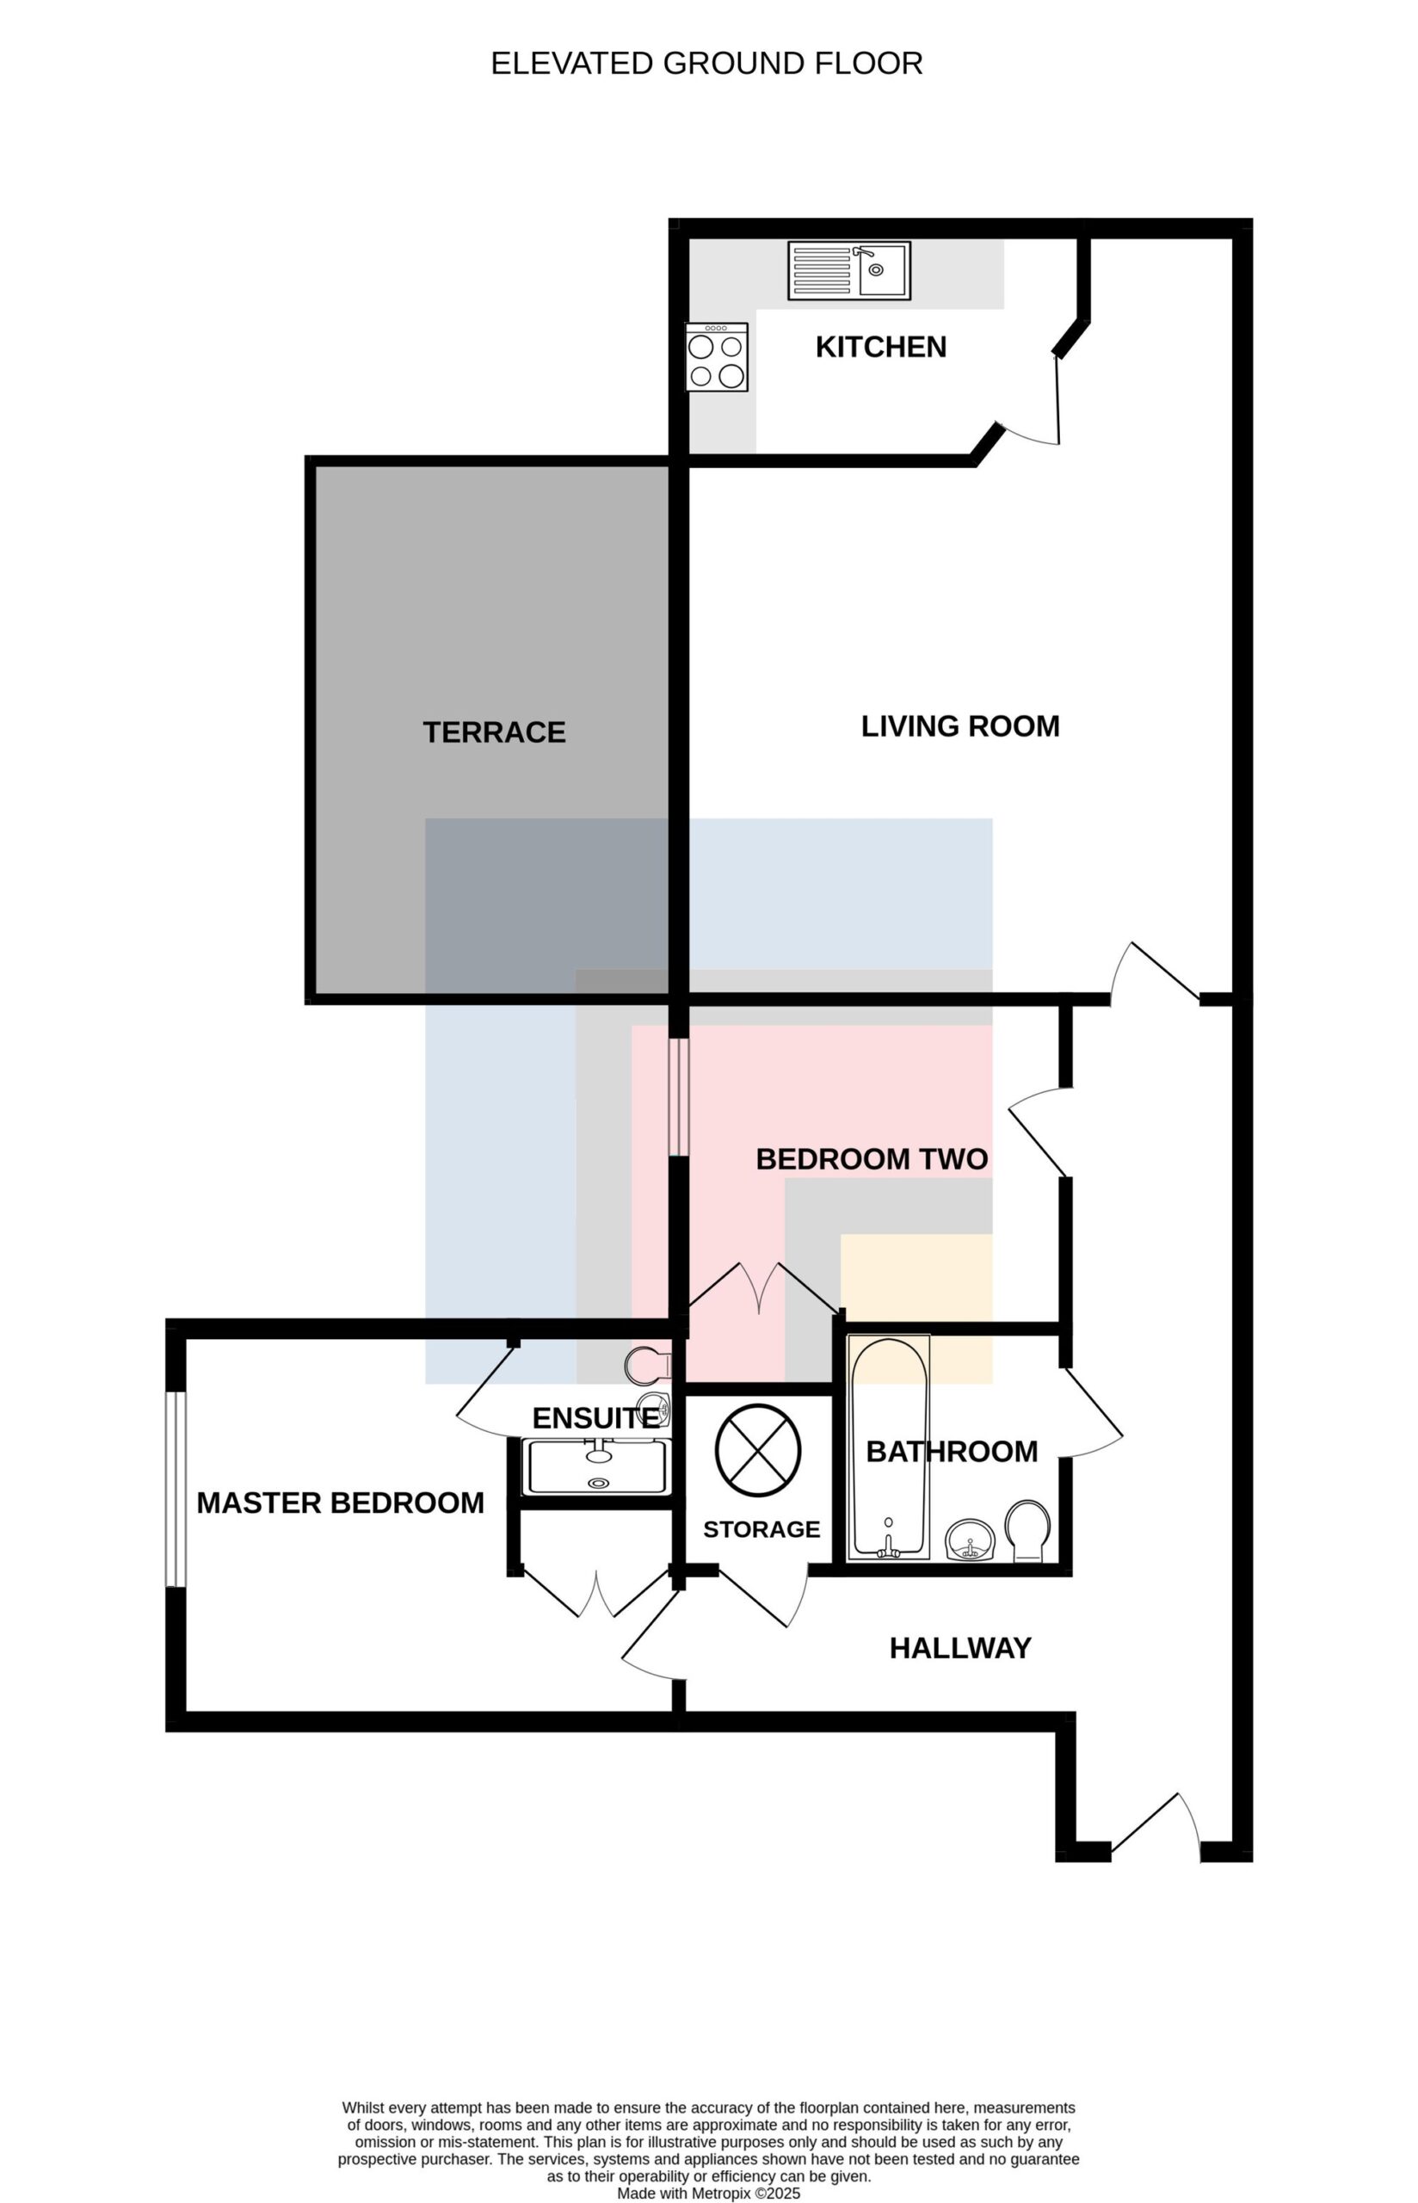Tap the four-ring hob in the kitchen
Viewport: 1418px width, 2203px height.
tap(717, 357)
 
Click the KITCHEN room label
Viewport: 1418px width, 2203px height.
tap(880, 347)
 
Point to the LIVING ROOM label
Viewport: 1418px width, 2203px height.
tap(959, 726)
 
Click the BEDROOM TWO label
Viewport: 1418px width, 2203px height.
tap(871, 1159)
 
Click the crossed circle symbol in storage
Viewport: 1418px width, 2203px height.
tap(758, 1450)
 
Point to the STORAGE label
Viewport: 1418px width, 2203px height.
tap(761, 1529)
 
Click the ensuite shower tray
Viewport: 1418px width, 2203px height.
tap(596, 1467)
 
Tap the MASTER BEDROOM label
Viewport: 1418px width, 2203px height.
tap(340, 1503)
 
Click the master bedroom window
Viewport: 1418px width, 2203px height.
tap(175, 1489)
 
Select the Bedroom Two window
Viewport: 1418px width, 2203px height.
tap(678, 1096)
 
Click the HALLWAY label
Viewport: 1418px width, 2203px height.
tap(959, 1648)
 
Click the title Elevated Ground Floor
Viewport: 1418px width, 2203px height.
tap(706, 63)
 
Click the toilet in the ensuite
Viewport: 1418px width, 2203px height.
tap(648, 1364)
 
